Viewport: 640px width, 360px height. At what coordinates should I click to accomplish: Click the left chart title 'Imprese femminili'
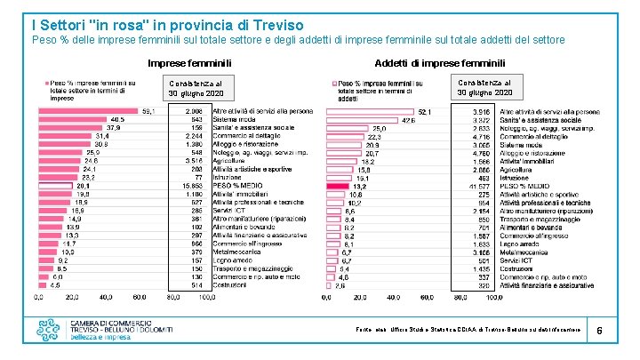tap(189, 63)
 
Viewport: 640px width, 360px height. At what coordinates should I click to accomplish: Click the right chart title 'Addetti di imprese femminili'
tap(440, 63)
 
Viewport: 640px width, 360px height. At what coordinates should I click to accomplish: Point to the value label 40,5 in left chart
tap(117, 120)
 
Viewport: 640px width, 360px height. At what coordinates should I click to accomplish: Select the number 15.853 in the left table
tap(192, 184)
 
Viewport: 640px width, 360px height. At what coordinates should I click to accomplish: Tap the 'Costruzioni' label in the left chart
tap(231, 285)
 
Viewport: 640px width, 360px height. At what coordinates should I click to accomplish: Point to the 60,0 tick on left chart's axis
tap(139, 298)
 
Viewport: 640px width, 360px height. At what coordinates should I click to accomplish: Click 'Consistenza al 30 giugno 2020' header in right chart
tap(484, 87)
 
